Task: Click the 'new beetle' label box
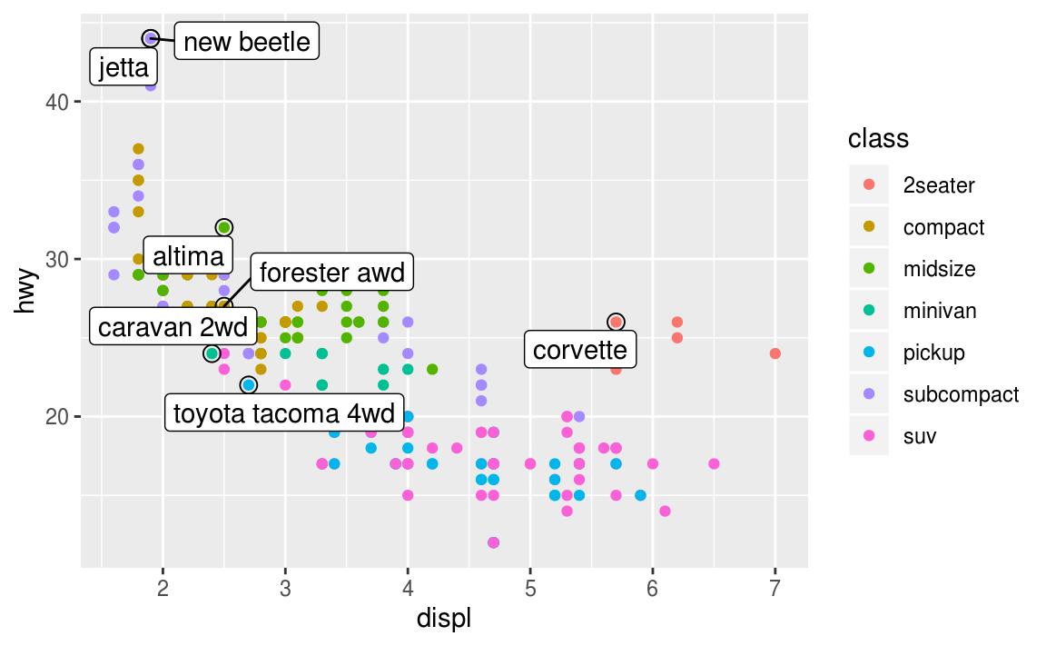point(246,41)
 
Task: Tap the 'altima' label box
point(188,255)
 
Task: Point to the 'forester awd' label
point(331,272)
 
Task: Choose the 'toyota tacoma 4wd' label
point(284,413)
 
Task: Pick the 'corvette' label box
point(580,350)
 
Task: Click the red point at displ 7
point(775,353)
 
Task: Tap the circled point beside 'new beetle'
point(151,38)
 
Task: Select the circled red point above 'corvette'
point(616,322)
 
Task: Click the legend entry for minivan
point(940,311)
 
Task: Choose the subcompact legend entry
point(961,394)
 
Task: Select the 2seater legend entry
point(939,185)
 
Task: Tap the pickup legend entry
point(933,353)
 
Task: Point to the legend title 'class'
point(878,139)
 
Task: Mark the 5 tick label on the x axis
point(530,588)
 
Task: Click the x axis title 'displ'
point(443,620)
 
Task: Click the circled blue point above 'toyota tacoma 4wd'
point(249,385)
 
